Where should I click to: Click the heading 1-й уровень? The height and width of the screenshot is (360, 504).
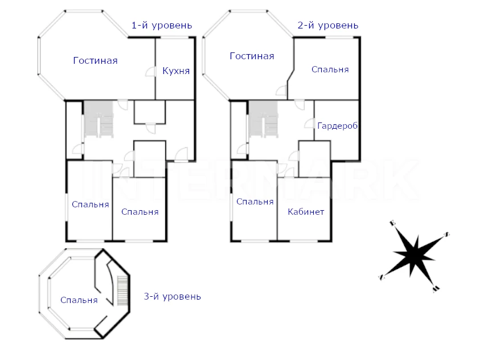click(162, 25)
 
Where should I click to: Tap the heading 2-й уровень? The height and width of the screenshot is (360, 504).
click(328, 25)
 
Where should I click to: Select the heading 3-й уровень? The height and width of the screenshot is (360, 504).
click(172, 296)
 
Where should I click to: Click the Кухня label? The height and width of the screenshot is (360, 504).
click(175, 71)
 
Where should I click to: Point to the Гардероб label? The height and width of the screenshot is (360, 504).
click(338, 125)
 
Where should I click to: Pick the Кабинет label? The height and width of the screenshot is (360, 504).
click(306, 211)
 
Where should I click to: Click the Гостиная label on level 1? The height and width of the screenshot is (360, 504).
click(95, 60)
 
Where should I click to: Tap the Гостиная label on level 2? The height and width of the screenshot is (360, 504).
click(252, 56)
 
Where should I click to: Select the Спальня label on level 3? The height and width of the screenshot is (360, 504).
click(79, 300)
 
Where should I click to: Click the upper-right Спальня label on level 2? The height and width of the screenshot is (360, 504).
click(330, 69)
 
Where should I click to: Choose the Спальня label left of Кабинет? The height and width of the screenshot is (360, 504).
click(255, 201)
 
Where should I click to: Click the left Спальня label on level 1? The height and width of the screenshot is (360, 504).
click(90, 204)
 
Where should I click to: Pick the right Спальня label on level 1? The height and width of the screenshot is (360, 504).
click(140, 211)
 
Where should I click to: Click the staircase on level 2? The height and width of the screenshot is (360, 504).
click(264, 120)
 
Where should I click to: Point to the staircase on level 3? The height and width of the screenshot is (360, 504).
click(122, 291)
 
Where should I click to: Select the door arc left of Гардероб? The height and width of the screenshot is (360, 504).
click(310, 122)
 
